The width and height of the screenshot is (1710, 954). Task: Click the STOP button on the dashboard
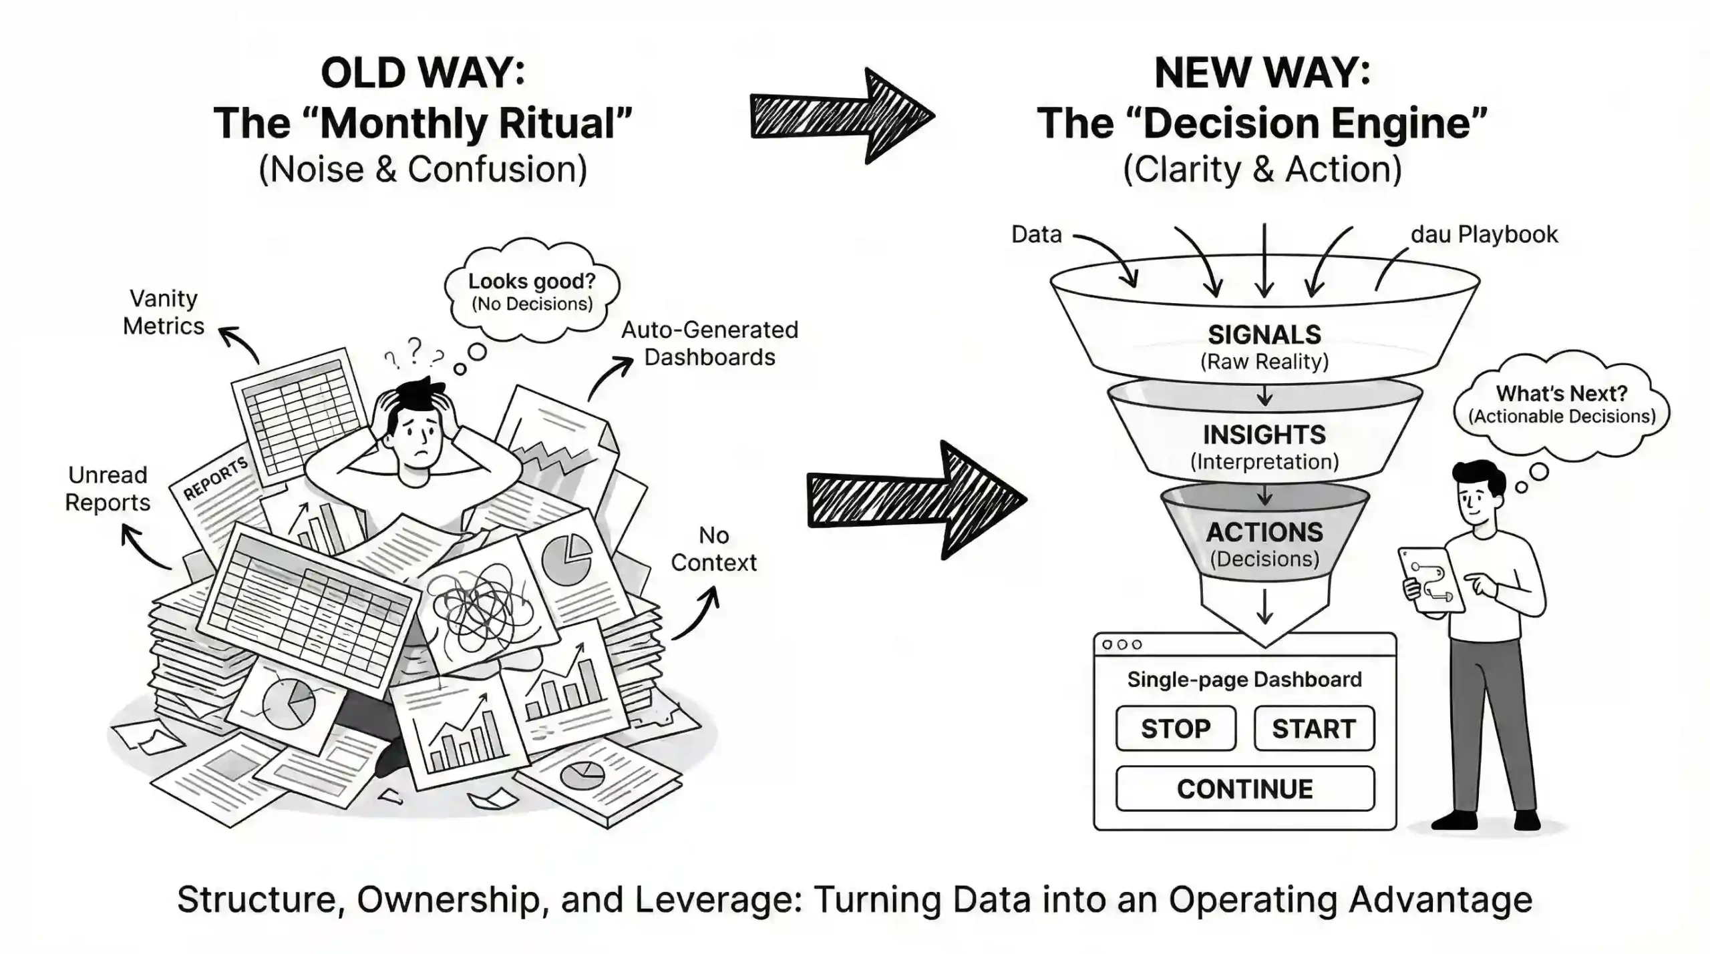coord(1175,728)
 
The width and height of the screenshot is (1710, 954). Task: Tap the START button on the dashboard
coord(1313,728)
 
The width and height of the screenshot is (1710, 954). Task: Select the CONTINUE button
coord(1244,788)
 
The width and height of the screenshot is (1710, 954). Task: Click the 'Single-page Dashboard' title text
coord(1244,679)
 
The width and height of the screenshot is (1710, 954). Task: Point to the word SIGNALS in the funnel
coord(1264,334)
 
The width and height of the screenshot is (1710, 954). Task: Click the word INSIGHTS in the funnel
coord(1264,435)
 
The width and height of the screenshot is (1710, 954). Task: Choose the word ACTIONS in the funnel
coord(1264,532)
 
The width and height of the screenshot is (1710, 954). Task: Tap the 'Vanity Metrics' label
coord(164,312)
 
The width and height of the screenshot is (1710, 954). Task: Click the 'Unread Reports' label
coord(108,488)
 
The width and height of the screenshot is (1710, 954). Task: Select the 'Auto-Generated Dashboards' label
coord(709,343)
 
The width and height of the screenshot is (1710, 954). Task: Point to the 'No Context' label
coord(713,549)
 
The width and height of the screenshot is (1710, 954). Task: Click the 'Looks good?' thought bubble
coord(532,291)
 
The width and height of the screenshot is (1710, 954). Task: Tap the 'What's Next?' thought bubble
coord(1561,404)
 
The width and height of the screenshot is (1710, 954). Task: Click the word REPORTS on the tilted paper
coord(215,478)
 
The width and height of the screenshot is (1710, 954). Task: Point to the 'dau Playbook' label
coord(1484,234)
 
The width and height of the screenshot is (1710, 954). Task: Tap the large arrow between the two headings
coord(842,115)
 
